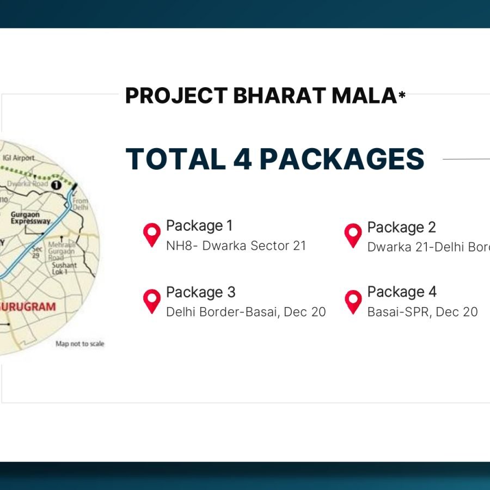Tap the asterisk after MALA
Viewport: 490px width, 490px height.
tap(402, 96)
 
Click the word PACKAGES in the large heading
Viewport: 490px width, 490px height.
tap(342, 158)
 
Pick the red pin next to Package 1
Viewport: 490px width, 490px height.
tap(152, 235)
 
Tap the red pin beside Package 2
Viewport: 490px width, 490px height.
tap(353, 236)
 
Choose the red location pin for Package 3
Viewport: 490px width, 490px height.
tap(152, 301)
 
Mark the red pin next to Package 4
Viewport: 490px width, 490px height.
tap(353, 301)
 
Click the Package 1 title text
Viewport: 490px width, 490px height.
tap(199, 225)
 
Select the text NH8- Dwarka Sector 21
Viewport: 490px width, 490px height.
tap(236, 246)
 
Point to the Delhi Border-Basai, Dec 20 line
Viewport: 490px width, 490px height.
tap(246, 312)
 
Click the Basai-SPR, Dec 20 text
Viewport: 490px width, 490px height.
tap(422, 312)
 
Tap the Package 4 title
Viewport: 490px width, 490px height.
tap(402, 292)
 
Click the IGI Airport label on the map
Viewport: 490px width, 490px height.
tap(19, 158)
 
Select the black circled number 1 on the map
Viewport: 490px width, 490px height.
tap(55, 185)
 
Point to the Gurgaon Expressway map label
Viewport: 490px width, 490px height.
tap(30, 218)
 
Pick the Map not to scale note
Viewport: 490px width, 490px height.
tap(79, 344)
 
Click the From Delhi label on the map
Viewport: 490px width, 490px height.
tap(79, 205)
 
